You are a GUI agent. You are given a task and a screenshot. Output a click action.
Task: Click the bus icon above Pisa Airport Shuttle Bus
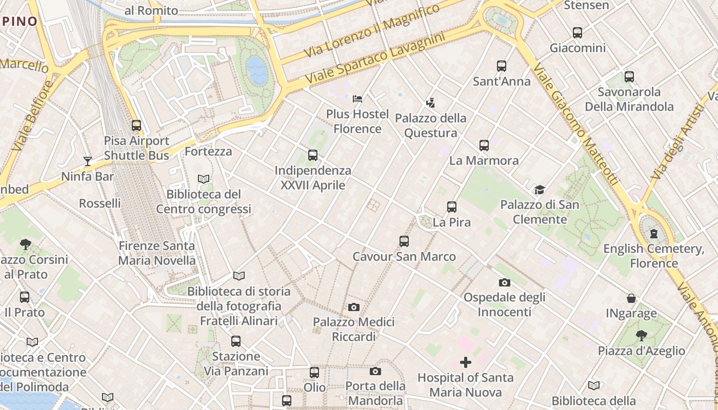(x=136, y=125)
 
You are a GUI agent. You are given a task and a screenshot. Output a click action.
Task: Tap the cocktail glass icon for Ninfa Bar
(x=88, y=161)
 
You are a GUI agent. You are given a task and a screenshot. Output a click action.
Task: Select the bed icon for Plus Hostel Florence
(x=358, y=98)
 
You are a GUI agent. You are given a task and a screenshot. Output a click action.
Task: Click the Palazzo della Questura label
(x=430, y=126)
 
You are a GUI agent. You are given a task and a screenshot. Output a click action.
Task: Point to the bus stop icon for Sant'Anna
(x=502, y=66)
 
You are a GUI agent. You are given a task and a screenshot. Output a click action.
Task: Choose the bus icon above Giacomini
(x=577, y=33)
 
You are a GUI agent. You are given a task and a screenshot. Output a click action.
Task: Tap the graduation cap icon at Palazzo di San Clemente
(x=540, y=190)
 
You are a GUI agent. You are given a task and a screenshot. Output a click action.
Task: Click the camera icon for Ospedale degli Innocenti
(x=505, y=282)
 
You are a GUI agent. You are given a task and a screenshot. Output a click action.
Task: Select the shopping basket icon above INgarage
(x=631, y=298)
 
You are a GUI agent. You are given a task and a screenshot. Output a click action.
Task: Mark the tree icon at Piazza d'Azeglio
(x=641, y=336)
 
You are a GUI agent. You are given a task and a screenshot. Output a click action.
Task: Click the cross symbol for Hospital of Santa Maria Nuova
(x=466, y=363)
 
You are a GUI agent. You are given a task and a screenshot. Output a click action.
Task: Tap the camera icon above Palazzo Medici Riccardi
(x=353, y=307)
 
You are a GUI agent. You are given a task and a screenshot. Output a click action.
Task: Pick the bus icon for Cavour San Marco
(x=404, y=241)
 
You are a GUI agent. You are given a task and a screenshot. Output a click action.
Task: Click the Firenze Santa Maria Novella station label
(x=157, y=253)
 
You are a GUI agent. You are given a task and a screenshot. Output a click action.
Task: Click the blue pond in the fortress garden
(x=257, y=70)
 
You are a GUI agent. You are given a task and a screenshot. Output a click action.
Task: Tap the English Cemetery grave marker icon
(x=653, y=234)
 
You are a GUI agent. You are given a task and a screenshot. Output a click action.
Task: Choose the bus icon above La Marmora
(x=484, y=146)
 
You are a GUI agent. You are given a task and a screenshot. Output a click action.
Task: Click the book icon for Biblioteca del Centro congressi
(x=204, y=179)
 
